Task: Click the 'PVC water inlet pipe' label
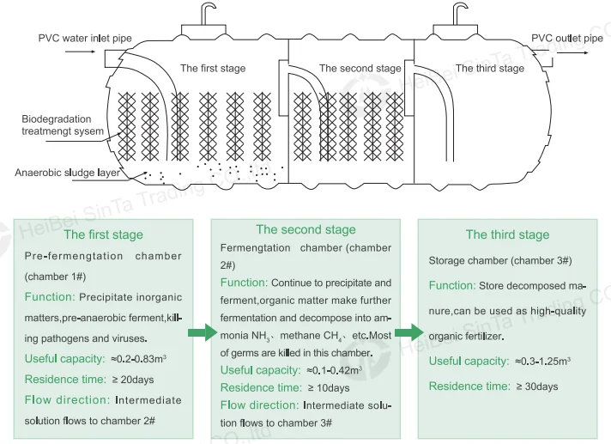coord(85,38)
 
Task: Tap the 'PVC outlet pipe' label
coord(567,38)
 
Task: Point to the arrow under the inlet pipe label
coord(80,52)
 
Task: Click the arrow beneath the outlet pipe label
coord(572,52)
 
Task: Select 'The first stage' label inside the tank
coord(213,68)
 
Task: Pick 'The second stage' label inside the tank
coord(360,68)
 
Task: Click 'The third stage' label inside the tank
coord(490,68)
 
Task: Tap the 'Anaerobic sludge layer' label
coord(68,173)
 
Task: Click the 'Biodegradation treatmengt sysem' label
coord(63,125)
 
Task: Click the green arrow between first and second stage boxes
coord(203,332)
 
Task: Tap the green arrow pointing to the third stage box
coord(408,332)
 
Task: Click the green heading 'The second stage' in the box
coord(305,229)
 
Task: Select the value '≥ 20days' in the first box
coord(133,380)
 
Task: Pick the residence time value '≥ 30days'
coord(537,386)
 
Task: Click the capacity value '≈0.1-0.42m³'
coord(335,370)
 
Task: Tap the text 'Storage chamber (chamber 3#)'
coord(500,260)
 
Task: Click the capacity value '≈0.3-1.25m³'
coord(543,361)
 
